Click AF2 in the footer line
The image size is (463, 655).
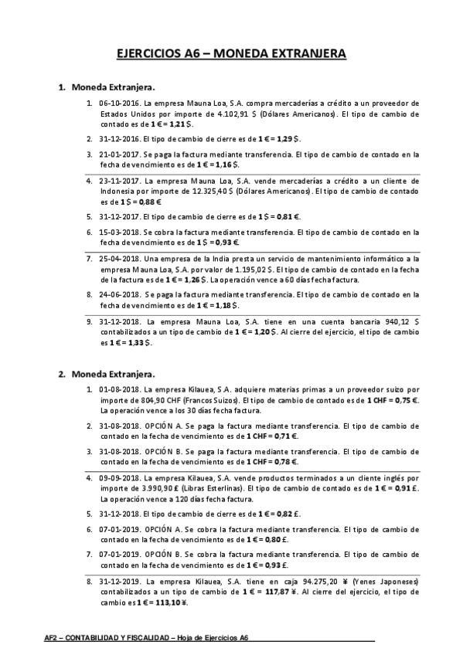[53, 638]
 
